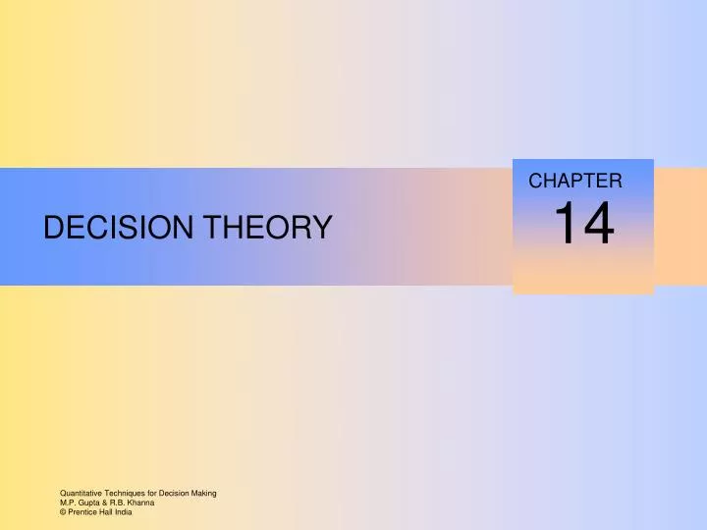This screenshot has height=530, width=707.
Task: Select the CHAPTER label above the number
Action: (x=574, y=181)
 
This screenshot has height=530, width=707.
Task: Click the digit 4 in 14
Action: (x=598, y=224)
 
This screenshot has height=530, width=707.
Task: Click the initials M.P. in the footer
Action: (x=66, y=502)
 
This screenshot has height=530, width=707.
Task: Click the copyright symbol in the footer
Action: (x=63, y=511)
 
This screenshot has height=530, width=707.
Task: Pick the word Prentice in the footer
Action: (x=82, y=511)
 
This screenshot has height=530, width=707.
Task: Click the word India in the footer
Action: (x=125, y=511)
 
